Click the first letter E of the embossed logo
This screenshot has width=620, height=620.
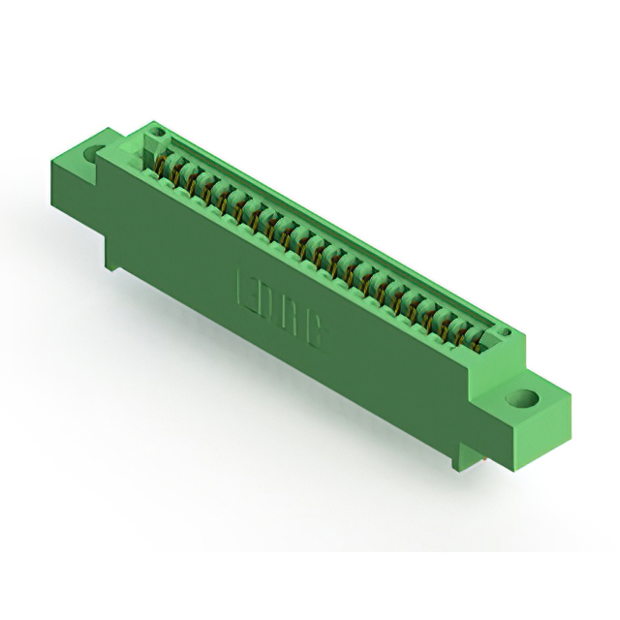click(x=247, y=288)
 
